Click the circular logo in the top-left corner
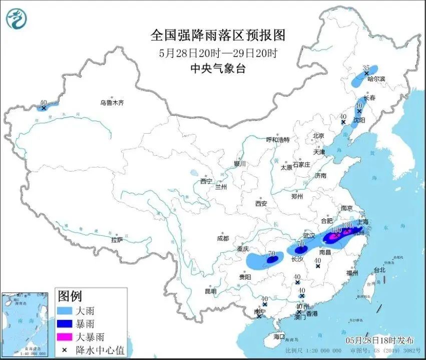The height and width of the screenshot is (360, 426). tap(17, 19)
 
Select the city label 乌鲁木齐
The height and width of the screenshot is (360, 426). tap(111, 103)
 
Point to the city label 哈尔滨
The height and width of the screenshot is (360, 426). tap(376, 79)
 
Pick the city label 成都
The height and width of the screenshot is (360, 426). tap(223, 238)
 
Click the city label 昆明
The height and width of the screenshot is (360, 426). tap(210, 291)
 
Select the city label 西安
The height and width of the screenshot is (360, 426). tap(261, 203)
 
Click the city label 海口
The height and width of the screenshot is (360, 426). tap(278, 336)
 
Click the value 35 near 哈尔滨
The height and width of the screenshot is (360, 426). tap(365, 68)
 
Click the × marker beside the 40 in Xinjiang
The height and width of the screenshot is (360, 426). tap(44, 108)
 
